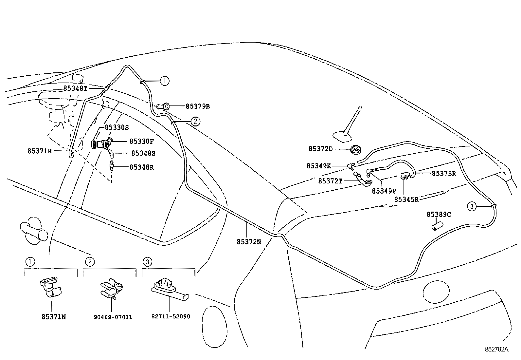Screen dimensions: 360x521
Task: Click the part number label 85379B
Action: (x=198, y=106)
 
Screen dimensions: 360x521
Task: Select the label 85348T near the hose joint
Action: (x=75, y=88)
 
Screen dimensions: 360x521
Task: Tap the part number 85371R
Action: (x=39, y=151)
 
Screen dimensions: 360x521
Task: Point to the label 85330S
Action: (x=117, y=127)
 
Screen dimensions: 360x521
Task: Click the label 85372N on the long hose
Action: (x=249, y=242)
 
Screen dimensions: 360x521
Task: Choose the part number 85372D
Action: (x=320, y=149)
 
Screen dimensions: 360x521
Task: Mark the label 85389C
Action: (x=439, y=215)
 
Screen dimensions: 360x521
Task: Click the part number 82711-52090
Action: (x=171, y=317)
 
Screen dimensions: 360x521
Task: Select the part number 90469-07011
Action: (x=113, y=317)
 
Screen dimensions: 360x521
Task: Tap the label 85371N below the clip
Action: (x=54, y=317)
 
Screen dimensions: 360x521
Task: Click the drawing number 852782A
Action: (x=496, y=349)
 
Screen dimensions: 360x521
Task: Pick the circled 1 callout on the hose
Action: (x=165, y=81)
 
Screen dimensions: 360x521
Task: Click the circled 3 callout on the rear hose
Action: (x=472, y=206)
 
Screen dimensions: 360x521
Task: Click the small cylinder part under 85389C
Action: (x=437, y=226)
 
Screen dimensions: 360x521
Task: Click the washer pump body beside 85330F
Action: (x=102, y=144)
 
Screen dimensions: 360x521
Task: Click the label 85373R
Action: (x=444, y=174)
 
